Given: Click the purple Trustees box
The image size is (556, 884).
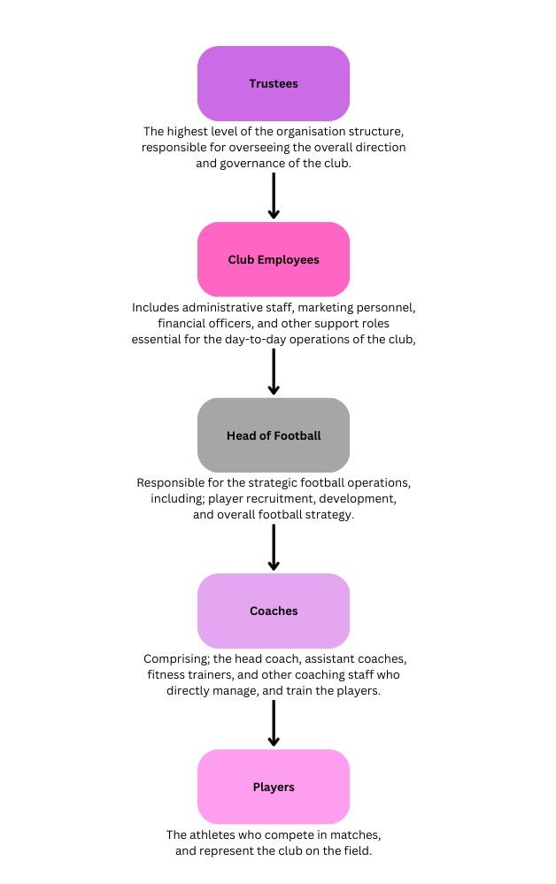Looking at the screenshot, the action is pyautogui.click(x=274, y=83).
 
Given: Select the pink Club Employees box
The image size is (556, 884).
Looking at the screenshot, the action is pyautogui.click(x=274, y=259).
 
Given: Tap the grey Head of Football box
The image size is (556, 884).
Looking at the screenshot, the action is pyautogui.click(x=274, y=435).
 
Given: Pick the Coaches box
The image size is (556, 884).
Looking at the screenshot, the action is pyautogui.click(x=274, y=611).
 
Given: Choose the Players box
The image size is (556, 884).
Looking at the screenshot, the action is pyautogui.click(x=274, y=787).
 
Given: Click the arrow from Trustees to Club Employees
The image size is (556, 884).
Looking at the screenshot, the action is pyautogui.click(x=274, y=196).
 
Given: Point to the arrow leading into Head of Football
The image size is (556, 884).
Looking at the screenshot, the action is pyautogui.click(x=274, y=372).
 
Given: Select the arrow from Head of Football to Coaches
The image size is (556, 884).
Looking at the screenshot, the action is pyautogui.click(x=274, y=548).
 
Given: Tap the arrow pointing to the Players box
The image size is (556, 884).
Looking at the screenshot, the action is pyautogui.click(x=274, y=723).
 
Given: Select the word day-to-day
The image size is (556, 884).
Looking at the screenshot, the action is pyautogui.click(x=256, y=340).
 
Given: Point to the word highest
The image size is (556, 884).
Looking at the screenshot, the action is pyautogui.click(x=188, y=132).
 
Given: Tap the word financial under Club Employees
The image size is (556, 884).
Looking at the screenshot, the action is pyautogui.click(x=180, y=324).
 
